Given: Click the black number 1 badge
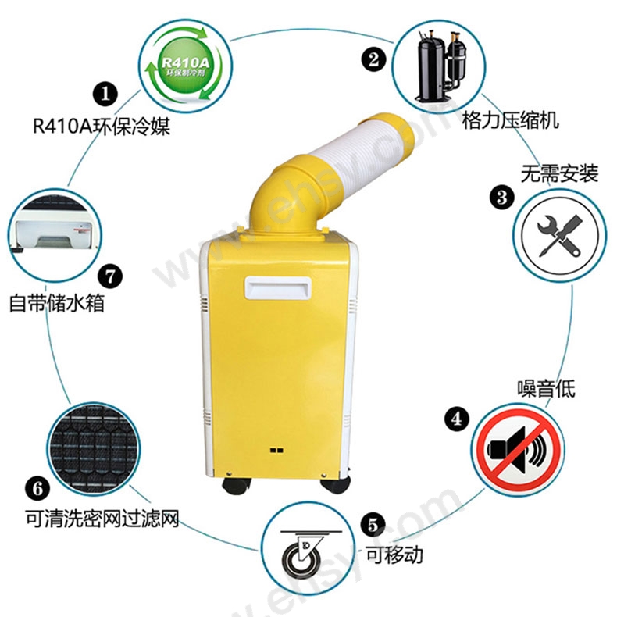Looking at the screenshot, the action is [x=105, y=94].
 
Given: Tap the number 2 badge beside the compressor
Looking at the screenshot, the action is [x=373, y=59].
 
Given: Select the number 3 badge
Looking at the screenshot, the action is [x=502, y=198].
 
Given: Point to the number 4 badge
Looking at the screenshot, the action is [x=457, y=419].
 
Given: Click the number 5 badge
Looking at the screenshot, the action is [x=373, y=525].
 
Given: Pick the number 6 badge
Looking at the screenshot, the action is [x=37, y=489].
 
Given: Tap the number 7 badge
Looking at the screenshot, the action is [x=110, y=276].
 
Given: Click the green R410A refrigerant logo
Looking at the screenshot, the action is [x=185, y=66].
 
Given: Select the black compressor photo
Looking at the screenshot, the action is [x=440, y=66].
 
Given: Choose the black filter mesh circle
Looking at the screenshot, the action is [x=95, y=449].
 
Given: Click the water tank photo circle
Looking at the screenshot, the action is [x=55, y=234].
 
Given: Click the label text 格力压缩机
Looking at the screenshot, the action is [x=510, y=120].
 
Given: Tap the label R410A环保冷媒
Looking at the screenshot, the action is [x=102, y=126].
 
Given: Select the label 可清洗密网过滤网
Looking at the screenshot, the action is [x=102, y=519].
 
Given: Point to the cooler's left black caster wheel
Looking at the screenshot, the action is [x=236, y=487].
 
